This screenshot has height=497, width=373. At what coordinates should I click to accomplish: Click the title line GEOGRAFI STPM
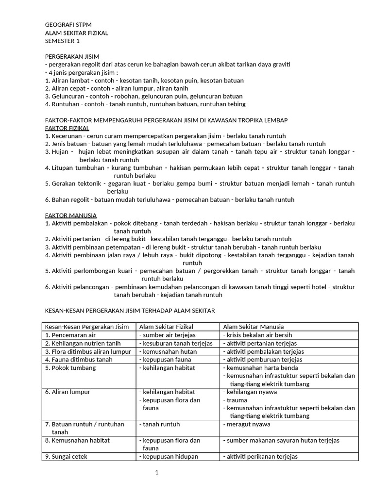coord(68,25)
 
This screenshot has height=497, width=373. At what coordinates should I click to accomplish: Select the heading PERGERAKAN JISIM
coord(72,57)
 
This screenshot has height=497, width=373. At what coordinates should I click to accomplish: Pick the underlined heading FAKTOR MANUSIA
coord(70,215)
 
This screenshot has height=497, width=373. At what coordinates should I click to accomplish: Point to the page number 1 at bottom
coord(157,473)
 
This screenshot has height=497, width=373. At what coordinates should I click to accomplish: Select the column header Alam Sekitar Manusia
coord(253,327)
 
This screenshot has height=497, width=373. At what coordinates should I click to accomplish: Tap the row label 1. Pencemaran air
coord(71,335)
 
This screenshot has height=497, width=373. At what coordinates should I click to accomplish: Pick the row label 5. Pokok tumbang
coord(70,368)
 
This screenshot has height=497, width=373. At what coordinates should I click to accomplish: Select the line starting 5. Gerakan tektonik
coord(199,183)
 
